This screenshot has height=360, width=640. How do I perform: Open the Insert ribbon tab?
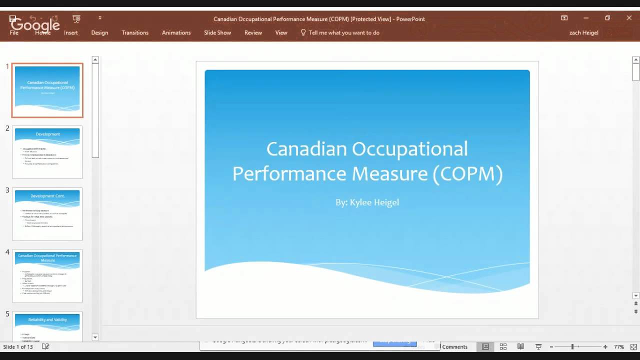(x=71, y=32)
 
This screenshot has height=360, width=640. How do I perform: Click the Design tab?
(x=99, y=32)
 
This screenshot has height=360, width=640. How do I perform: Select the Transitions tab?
(x=135, y=32)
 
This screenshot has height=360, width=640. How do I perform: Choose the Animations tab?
(x=176, y=32)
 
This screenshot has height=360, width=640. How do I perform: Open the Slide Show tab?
(x=217, y=32)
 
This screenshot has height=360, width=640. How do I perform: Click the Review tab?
(x=253, y=32)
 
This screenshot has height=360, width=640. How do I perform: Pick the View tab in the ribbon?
(x=281, y=32)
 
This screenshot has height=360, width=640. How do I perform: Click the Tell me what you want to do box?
(x=343, y=32)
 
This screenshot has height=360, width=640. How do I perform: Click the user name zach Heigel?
(x=583, y=32)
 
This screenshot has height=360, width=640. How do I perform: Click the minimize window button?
(x=586, y=18)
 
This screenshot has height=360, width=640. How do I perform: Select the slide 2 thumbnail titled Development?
(x=47, y=152)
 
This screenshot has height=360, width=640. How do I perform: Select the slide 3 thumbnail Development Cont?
(x=47, y=214)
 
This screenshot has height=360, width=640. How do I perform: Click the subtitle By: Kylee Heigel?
(x=367, y=202)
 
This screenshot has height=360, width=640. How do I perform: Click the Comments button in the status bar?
(x=454, y=346)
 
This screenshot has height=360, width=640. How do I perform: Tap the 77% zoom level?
(x=619, y=346)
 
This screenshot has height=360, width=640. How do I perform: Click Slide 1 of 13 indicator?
(x=18, y=346)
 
